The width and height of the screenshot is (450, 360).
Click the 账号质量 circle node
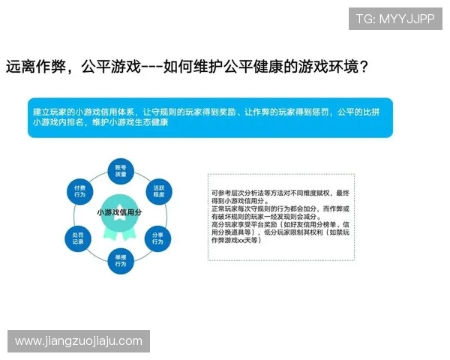coord(120,169)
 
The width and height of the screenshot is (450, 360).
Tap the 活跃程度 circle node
coord(159,190)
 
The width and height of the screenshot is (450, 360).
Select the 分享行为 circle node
coord(157,238)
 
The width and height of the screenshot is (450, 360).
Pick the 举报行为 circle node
coord(120,259)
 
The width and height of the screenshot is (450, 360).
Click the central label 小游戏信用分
coord(119,213)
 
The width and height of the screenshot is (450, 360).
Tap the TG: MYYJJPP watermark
coord(394,19)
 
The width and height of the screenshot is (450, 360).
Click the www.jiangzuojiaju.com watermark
coord(79,341)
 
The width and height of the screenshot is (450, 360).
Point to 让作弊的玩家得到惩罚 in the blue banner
coord(286,112)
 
